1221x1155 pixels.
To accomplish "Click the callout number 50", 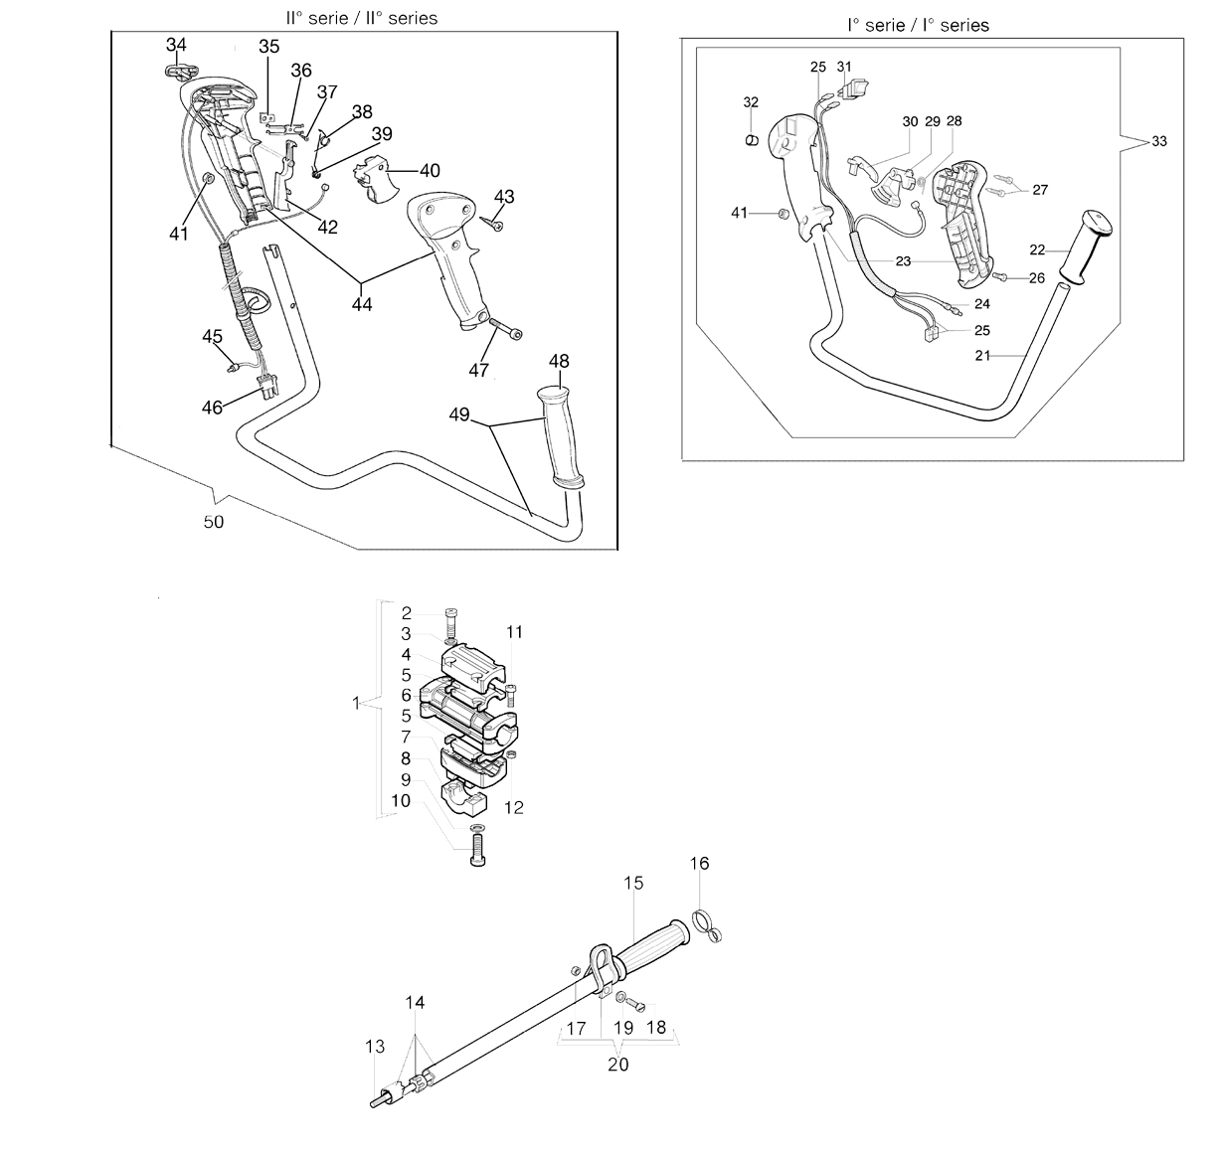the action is (x=213, y=522).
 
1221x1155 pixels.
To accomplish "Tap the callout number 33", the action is (x=1159, y=141).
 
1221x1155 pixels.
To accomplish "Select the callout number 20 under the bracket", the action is (x=617, y=1065).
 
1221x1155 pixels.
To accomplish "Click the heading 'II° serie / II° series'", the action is (x=362, y=18).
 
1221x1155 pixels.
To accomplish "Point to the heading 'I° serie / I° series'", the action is (x=918, y=25).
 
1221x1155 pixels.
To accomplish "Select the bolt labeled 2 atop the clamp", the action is (x=451, y=623).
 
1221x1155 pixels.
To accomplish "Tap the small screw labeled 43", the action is (x=493, y=224).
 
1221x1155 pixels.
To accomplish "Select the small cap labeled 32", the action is (x=751, y=140).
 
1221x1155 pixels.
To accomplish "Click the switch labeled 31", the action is (x=853, y=89).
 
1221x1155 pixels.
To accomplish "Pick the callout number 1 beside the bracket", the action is (x=356, y=704).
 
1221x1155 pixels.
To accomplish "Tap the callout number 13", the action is (x=375, y=1047).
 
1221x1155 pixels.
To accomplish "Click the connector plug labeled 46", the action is (x=268, y=387).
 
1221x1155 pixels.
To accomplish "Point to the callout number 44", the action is (x=362, y=304).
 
